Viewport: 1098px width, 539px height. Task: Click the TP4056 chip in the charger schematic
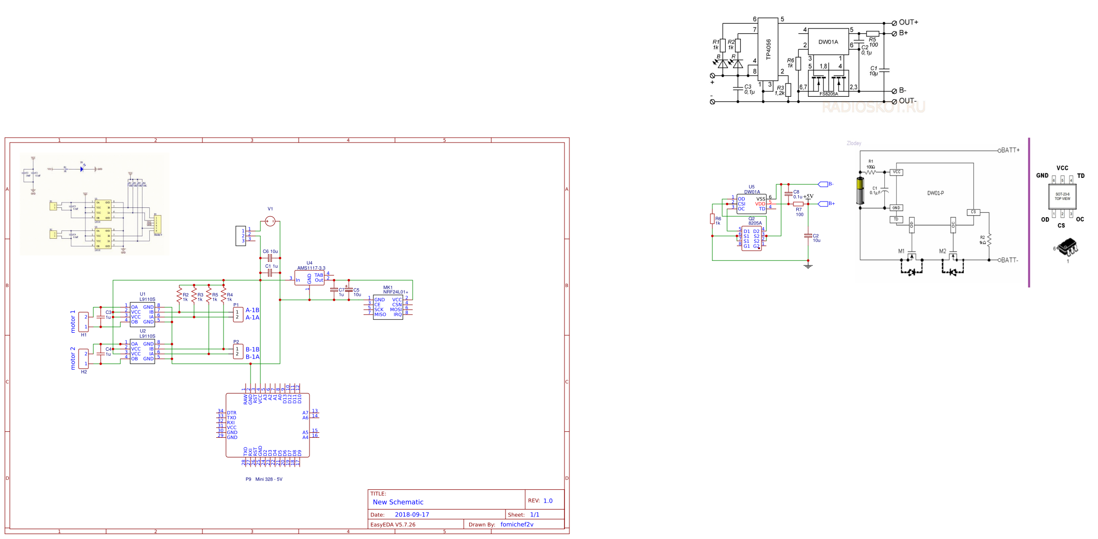(768, 49)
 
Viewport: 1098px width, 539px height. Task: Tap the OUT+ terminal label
(908, 23)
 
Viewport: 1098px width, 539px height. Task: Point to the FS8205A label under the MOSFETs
(829, 94)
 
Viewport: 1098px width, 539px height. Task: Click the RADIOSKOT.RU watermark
(873, 107)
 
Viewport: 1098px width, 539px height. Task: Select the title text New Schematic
(398, 502)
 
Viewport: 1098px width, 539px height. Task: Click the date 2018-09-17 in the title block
(412, 515)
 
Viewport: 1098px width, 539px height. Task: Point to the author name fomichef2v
(517, 525)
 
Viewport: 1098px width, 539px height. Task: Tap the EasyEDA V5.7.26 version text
(393, 525)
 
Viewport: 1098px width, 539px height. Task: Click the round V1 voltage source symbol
(270, 222)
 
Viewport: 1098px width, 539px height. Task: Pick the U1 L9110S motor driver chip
(142, 314)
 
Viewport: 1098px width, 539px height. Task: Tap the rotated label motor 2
(73, 358)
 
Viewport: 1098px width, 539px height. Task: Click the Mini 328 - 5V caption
(269, 480)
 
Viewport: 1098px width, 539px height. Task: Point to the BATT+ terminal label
(1010, 150)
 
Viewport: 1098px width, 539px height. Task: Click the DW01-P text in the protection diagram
(935, 193)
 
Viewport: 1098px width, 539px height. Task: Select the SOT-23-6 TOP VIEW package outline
(1062, 197)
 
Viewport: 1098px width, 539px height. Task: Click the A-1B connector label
(253, 311)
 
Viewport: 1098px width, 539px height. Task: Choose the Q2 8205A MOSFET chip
(751, 239)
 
